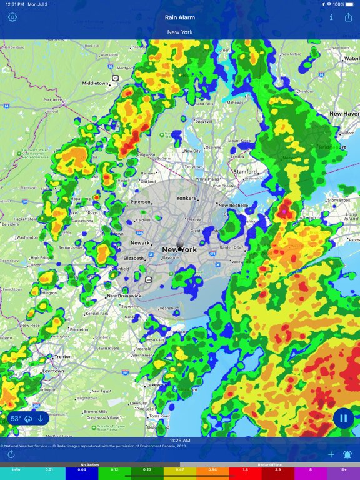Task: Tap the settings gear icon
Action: pos(12,17)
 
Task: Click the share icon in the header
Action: pos(348,17)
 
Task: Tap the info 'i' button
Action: pos(331,17)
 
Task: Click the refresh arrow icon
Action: pos(11,455)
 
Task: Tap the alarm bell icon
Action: pos(347,455)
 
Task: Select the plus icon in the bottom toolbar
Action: pos(331,455)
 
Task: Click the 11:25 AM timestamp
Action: pos(180,441)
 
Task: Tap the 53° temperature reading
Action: pos(16,418)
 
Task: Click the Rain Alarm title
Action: pos(180,17)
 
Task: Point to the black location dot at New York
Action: pos(180,249)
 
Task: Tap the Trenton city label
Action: pos(62,356)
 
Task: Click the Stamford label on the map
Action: pos(245,171)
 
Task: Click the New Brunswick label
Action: pos(124,296)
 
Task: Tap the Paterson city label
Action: pos(140,202)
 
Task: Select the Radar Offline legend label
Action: pos(270,465)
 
